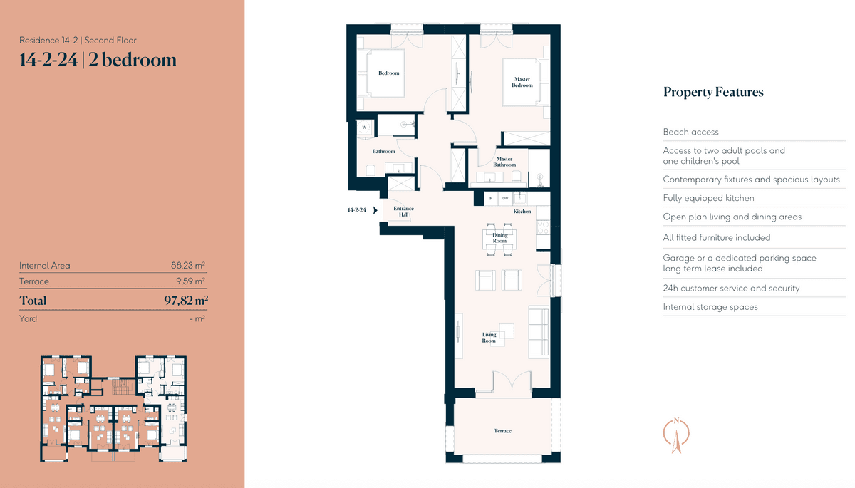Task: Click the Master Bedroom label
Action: (x=522, y=82)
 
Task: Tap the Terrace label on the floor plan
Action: (x=502, y=431)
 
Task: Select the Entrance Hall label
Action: (x=403, y=212)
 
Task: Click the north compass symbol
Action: (x=676, y=435)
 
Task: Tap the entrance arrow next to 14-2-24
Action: (x=375, y=210)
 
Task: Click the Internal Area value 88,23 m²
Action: (x=188, y=265)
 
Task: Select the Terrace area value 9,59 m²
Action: (x=190, y=281)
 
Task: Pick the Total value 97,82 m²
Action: (x=186, y=300)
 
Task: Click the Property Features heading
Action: (x=713, y=92)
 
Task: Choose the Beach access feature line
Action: (x=690, y=132)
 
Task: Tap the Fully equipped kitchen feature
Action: (x=708, y=198)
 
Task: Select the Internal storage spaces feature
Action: (x=710, y=307)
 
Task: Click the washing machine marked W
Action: (x=364, y=128)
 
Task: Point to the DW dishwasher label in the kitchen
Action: (x=505, y=198)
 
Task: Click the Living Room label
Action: (x=489, y=338)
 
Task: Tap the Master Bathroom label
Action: (x=504, y=162)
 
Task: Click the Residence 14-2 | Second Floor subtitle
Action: (x=78, y=40)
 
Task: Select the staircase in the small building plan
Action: (x=122, y=387)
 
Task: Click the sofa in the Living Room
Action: (x=539, y=332)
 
